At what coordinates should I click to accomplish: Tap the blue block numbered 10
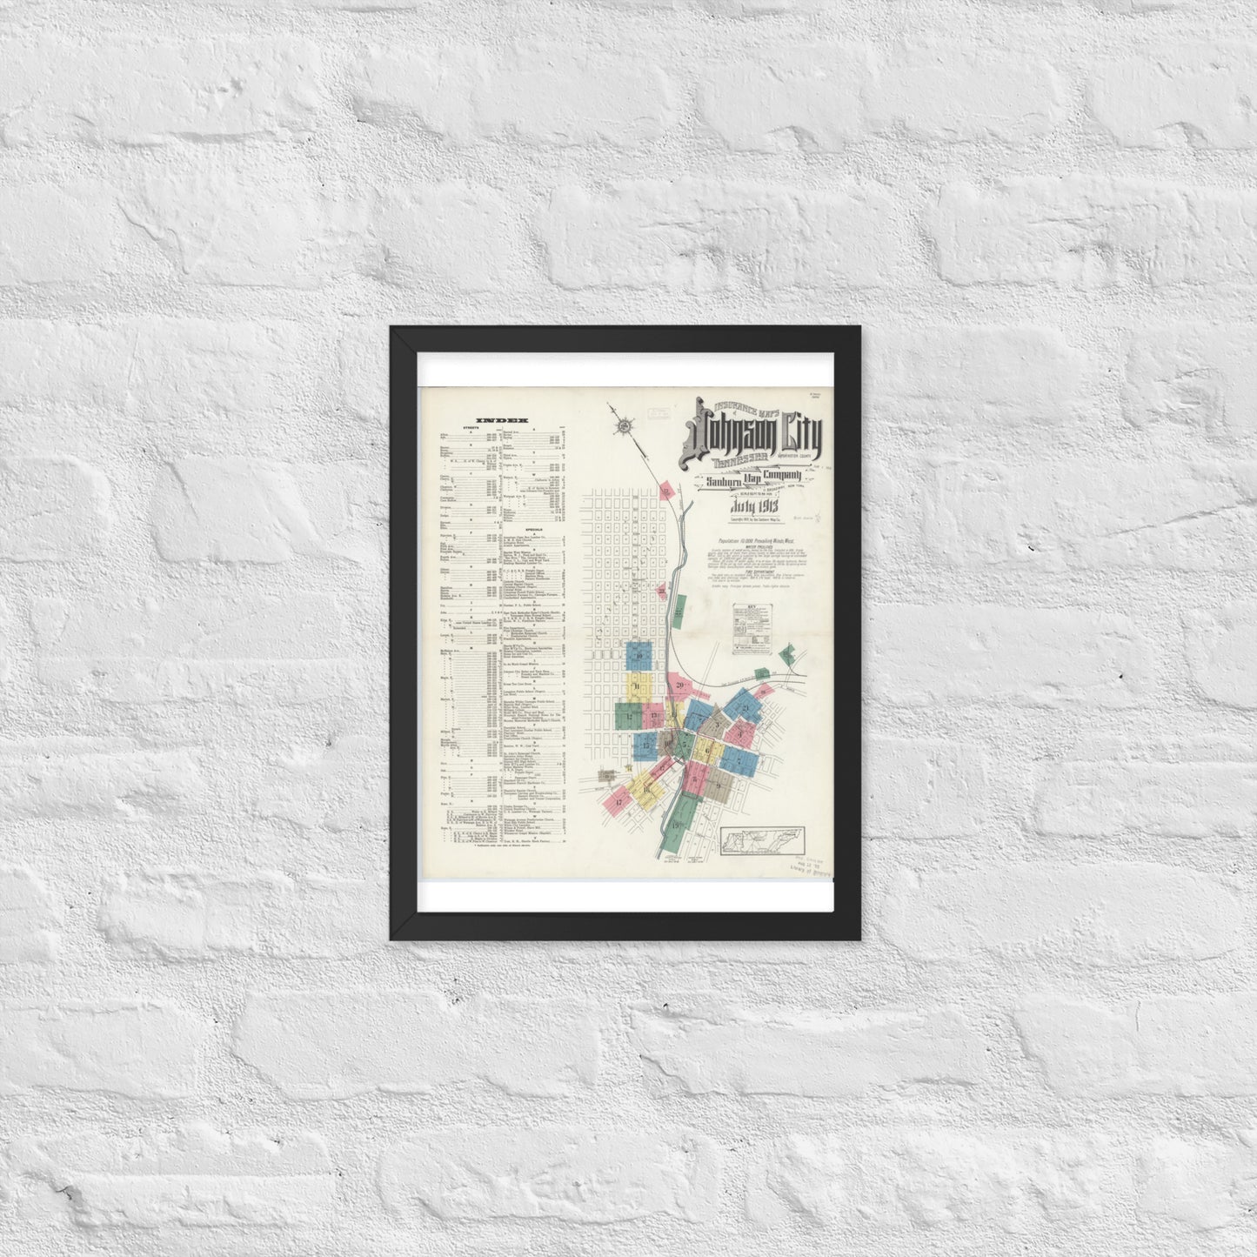tap(640, 655)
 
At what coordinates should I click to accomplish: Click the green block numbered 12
tap(628, 714)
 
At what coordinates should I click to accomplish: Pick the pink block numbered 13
tap(654, 715)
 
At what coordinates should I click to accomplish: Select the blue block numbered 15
tap(645, 745)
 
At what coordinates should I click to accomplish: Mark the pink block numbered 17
tap(618, 801)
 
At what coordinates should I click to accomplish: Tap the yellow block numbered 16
tap(645, 787)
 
